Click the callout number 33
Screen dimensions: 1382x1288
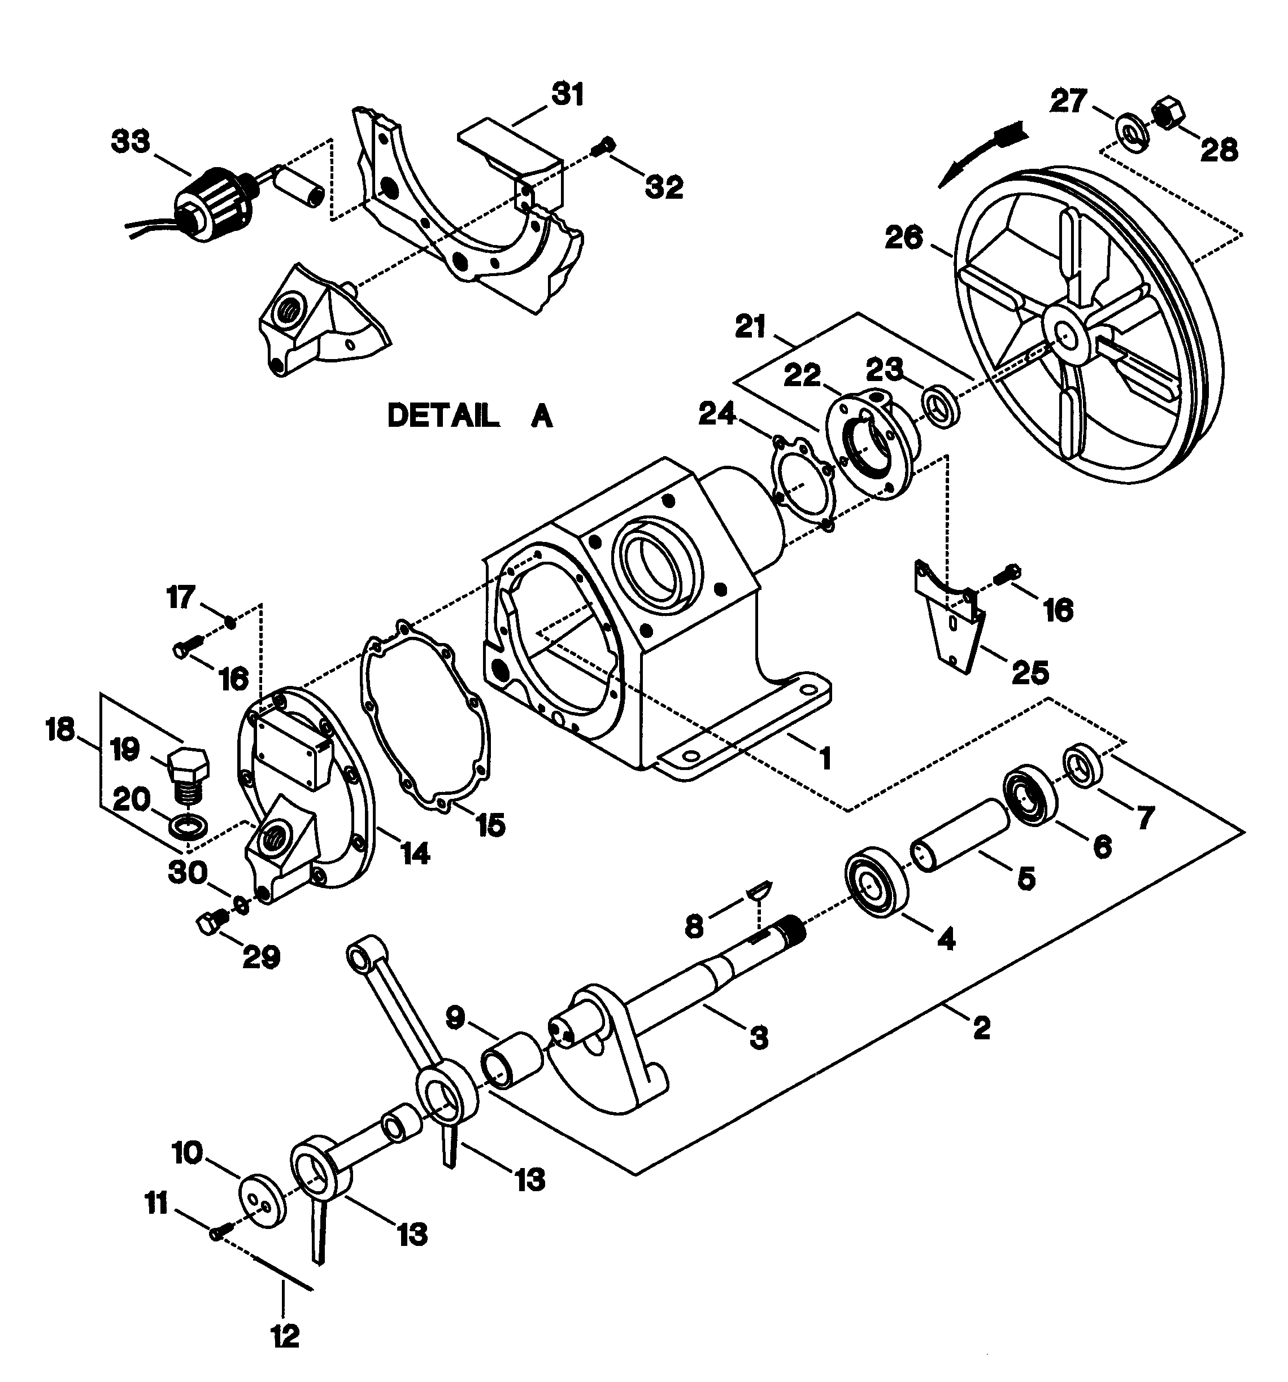coord(130,142)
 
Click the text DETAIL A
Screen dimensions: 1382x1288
coord(469,417)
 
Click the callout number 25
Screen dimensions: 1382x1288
coord(1029,672)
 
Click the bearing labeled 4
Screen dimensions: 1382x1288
coord(876,889)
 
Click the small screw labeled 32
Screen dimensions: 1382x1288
coord(603,146)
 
